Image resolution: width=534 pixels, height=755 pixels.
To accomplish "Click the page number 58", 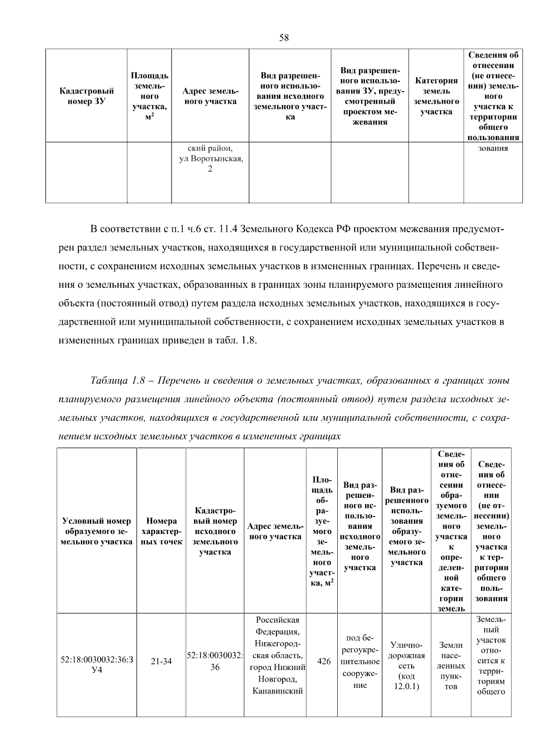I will click(284, 38).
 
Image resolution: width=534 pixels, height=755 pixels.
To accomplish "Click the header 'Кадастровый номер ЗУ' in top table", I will click(86, 96).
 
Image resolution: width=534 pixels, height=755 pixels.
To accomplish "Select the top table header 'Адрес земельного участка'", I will click(210, 96).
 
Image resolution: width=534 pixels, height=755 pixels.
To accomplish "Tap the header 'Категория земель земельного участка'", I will click(436, 96).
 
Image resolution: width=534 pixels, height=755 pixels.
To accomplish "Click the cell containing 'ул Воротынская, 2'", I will click(210, 159).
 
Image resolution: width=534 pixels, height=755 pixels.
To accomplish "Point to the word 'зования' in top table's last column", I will click(493, 149).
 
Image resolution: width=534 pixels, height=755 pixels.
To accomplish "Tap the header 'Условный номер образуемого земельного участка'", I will click(97, 531).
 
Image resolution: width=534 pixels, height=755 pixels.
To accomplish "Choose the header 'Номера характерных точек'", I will click(161, 531).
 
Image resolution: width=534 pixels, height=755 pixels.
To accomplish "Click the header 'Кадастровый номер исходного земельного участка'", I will click(215, 531).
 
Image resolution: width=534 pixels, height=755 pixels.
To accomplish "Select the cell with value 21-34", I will click(161, 662).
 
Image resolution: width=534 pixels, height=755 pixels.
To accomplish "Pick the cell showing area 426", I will click(324, 662).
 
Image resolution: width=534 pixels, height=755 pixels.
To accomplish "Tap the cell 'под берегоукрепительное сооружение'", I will click(360, 662).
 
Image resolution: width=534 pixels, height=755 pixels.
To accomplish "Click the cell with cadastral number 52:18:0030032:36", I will click(215, 662).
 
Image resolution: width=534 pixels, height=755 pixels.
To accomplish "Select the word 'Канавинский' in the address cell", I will click(277, 691).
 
